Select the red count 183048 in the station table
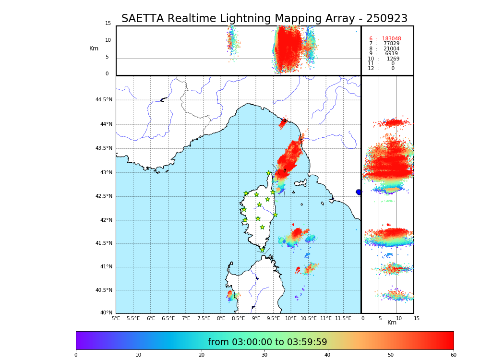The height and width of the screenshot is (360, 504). [x=391, y=38]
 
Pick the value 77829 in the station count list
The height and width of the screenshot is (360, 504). [x=391, y=44]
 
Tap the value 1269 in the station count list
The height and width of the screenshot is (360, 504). [x=393, y=59]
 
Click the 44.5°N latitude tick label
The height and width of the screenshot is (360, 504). [x=104, y=100]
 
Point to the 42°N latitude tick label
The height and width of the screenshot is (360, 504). [x=105, y=220]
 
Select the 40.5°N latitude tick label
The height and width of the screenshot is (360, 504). [x=104, y=290]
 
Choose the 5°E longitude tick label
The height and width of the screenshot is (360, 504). [x=116, y=318]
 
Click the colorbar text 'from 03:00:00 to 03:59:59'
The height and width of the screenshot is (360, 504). [x=267, y=342]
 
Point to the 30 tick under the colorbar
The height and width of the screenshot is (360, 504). [x=264, y=355]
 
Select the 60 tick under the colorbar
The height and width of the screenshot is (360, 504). [x=453, y=355]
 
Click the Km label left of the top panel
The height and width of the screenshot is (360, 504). [x=94, y=48]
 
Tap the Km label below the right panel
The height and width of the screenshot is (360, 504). [x=392, y=323]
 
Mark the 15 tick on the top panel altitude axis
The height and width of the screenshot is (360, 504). [x=108, y=24]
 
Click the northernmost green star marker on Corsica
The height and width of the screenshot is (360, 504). [x=269, y=173]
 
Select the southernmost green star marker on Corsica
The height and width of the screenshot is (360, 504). [x=262, y=250]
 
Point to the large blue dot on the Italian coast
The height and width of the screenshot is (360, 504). [x=359, y=192]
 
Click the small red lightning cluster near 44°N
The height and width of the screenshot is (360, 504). [x=283, y=123]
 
